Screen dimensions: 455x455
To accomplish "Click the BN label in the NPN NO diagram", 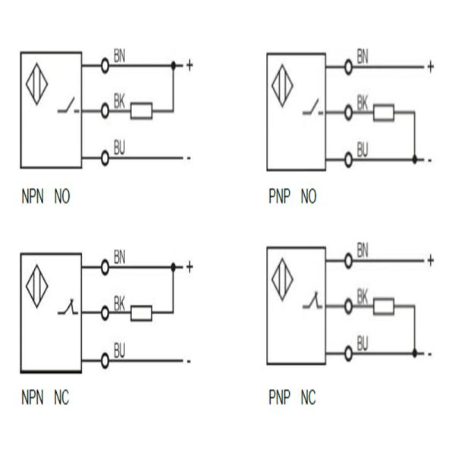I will click(120, 55).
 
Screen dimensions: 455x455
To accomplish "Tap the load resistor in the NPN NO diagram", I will click(141, 111).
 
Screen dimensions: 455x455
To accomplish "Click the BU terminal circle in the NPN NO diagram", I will click(105, 158).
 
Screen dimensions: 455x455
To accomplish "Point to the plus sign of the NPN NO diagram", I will click(189, 65).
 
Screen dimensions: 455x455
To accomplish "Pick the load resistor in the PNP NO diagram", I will click(383, 114).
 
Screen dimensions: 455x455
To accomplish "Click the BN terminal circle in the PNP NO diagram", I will click(350, 66).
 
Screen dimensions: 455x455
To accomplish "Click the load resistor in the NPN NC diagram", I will click(141, 312).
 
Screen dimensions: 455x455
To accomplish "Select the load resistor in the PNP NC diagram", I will click(383, 306).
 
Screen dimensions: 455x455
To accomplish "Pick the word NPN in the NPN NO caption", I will click(33, 198).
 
